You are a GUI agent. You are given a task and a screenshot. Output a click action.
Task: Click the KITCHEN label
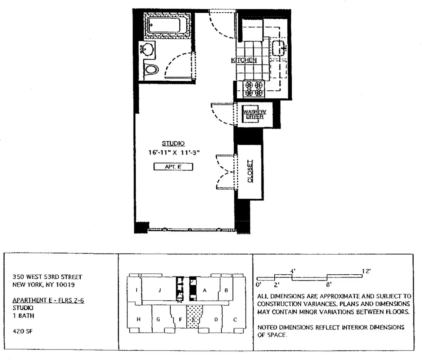pyautogui.click(x=243, y=60)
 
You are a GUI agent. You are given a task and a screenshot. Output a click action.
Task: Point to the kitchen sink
pyautogui.click(x=279, y=47)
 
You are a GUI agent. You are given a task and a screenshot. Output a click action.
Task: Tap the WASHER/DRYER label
pyautogui.click(x=254, y=114)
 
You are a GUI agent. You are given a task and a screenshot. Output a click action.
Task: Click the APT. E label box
pyautogui.click(x=174, y=167)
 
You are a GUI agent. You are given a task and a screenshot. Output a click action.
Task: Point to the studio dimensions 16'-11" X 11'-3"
pyautogui.click(x=174, y=153)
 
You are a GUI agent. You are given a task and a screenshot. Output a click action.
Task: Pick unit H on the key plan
pyautogui.click(x=138, y=319)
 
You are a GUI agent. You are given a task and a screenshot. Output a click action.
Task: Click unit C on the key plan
pyautogui.click(x=235, y=319)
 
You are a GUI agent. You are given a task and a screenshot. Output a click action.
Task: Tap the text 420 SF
pyautogui.click(x=21, y=329)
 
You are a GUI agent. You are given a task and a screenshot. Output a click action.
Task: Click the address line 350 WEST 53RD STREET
pyautogui.click(x=47, y=277)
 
